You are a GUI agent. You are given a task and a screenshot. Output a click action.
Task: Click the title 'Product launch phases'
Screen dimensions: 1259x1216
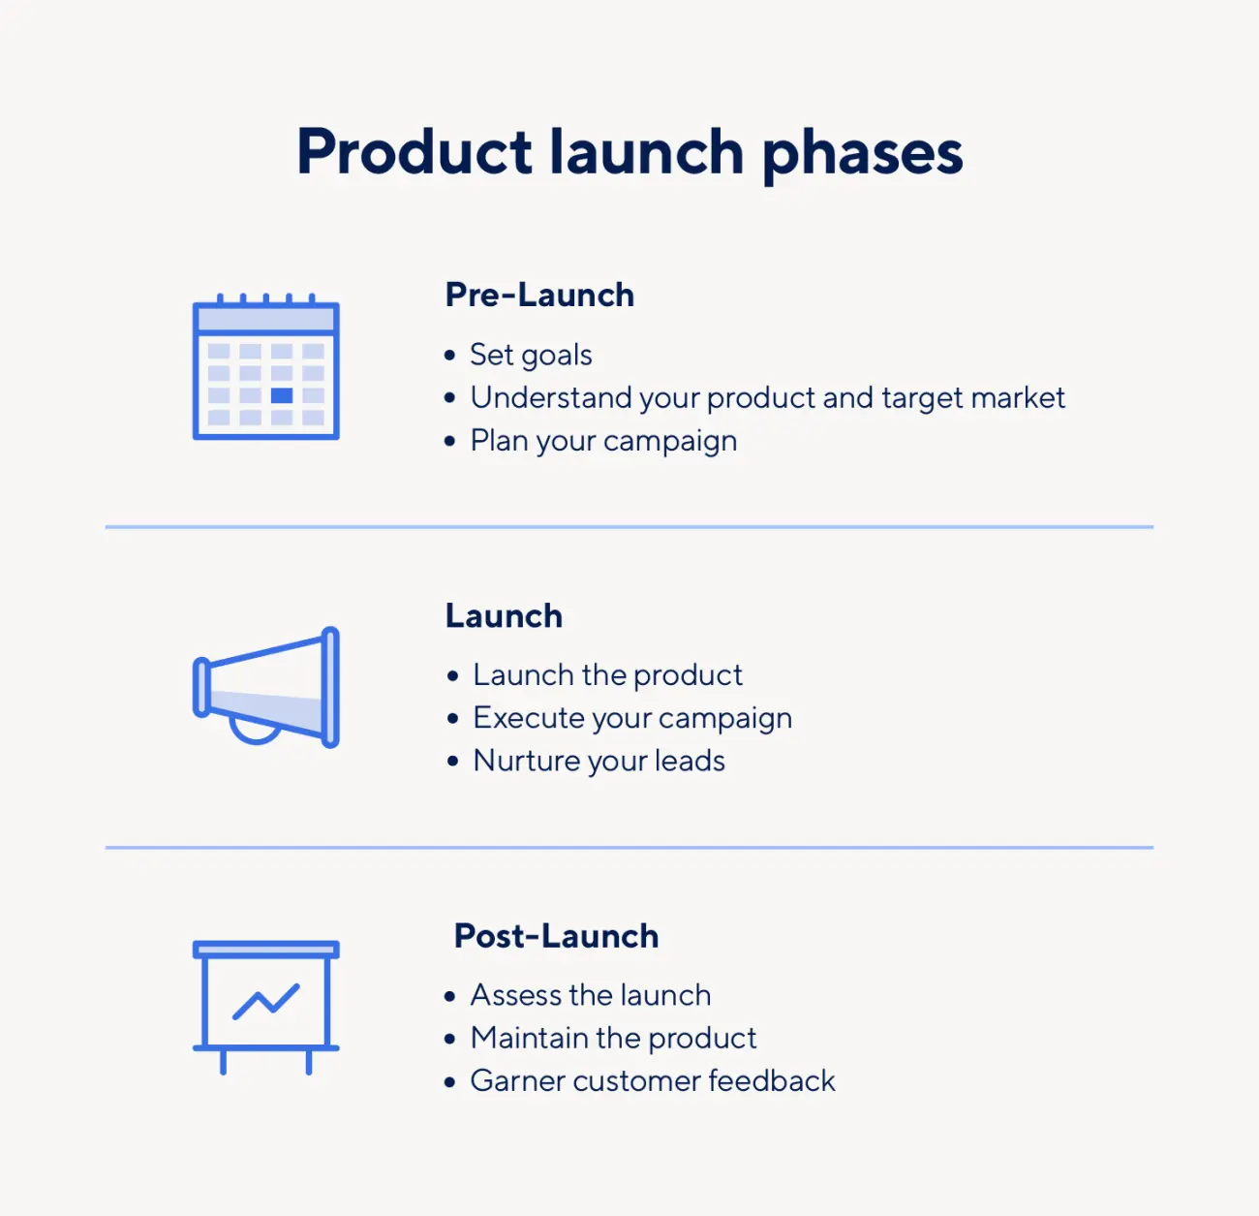(629, 153)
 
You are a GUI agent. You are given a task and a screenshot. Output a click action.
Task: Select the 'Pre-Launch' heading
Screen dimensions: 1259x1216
(539, 296)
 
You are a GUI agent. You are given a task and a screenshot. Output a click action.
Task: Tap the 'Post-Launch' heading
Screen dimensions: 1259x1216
(557, 936)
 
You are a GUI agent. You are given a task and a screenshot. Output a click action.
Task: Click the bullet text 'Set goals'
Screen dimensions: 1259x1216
(531, 355)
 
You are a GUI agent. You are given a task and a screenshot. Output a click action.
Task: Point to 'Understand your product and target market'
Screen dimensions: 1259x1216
(767, 397)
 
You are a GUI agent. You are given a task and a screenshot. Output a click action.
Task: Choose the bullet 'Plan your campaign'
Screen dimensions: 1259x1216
(603, 441)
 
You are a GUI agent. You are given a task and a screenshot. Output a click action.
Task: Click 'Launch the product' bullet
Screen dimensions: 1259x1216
(607, 675)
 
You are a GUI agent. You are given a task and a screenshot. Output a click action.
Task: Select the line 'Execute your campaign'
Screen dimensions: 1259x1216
(632, 718)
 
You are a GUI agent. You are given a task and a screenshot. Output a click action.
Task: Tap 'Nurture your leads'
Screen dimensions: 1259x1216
(599, 761)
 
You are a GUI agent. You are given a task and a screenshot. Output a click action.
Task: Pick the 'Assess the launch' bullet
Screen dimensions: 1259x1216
(591, 995)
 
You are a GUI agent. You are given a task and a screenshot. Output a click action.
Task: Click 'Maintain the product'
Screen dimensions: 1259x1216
(613, 1038)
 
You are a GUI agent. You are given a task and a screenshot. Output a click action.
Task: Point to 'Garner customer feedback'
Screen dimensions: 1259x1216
(653, 1080)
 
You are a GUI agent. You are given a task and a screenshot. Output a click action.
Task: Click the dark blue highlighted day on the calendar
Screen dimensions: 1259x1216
(282, 395)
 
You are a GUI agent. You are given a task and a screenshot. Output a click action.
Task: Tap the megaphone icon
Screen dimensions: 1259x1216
(266, 687)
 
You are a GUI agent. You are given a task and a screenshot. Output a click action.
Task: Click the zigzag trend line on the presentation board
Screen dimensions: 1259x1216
(266, 1001)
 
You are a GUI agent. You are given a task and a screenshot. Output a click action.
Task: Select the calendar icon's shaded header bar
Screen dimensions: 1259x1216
(266, 319)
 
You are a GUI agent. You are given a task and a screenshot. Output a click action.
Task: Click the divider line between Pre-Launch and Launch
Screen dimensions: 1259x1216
(629, 527)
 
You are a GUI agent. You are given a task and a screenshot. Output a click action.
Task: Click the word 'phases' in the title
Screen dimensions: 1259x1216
(863, 155)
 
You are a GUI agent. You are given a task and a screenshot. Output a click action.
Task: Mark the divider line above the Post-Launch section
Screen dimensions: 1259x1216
(629, 847)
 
